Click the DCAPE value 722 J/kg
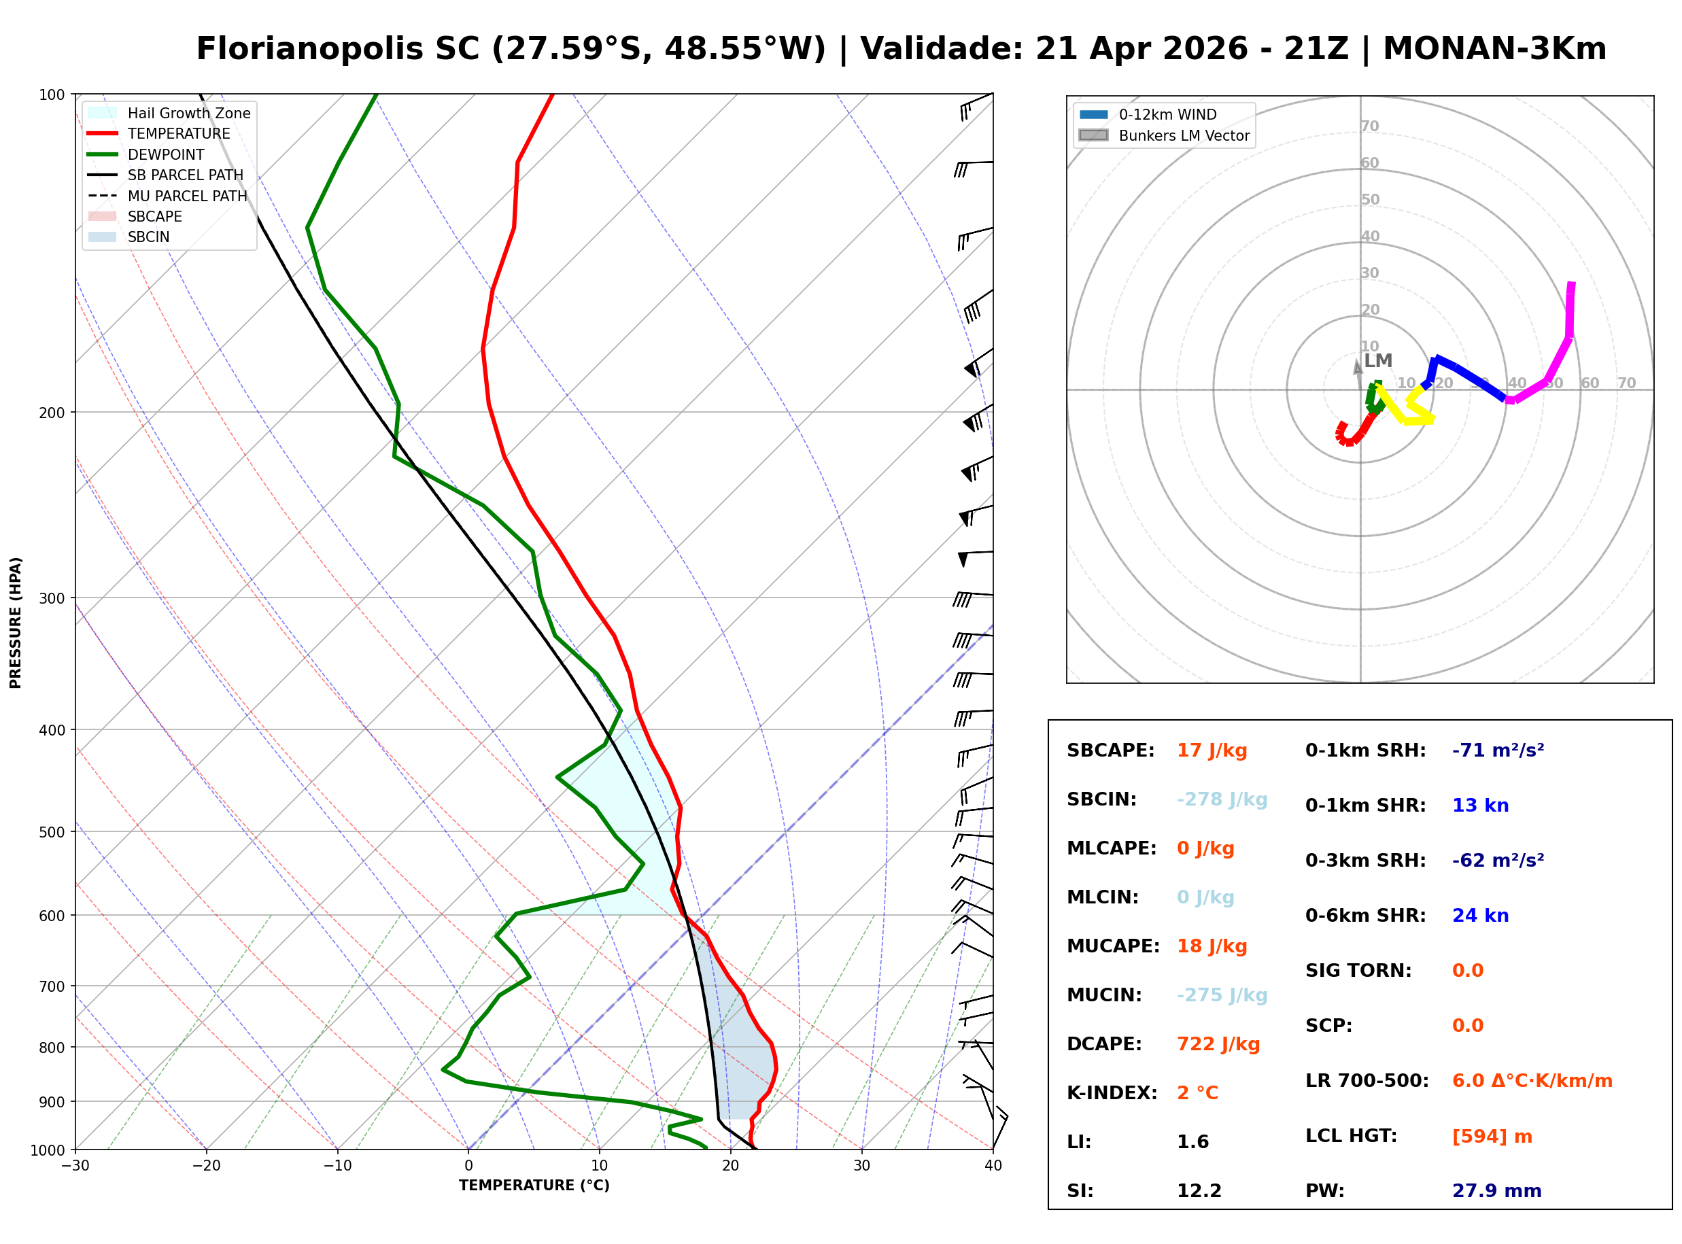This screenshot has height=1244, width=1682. coord(1218,1043)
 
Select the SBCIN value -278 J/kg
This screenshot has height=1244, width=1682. coord(1221,799)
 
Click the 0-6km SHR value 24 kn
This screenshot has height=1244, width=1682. coord(1479,915)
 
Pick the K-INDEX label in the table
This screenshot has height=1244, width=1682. coord(1112,1092)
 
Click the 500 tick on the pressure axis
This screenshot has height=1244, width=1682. coord(51,832)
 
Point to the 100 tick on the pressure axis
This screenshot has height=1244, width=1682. coord(51,95)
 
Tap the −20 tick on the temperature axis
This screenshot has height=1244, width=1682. coord(205,1166)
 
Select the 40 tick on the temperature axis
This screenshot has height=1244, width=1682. coord(993,1166)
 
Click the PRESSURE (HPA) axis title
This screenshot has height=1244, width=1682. coord(16,622)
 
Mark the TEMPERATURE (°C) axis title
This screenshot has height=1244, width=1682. coord(534,1186)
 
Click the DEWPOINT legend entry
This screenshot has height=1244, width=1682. coord(166,154)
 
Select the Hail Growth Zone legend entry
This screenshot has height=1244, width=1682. coord(188,113)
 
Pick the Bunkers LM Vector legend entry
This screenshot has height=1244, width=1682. coord(1184,135)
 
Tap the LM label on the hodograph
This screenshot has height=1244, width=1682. coord(1378,361)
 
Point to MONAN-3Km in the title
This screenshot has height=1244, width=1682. coord(1494,49)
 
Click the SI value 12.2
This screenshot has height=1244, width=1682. coord(1199,1190)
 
